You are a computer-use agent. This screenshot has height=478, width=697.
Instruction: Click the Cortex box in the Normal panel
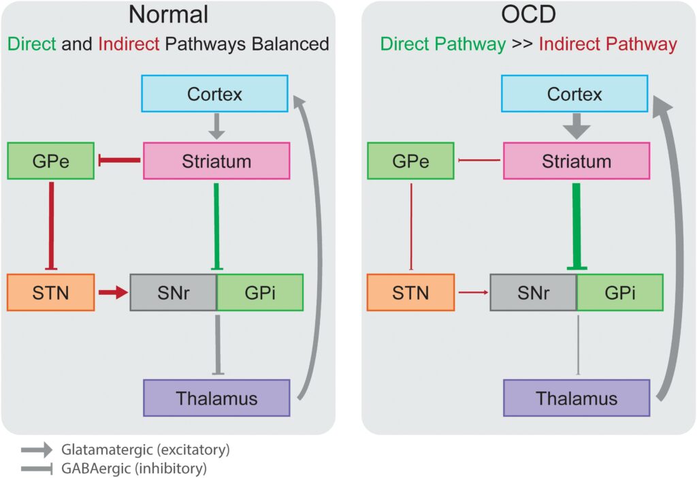click(x=214, y=94)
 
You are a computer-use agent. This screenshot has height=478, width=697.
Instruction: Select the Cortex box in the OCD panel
click(x=574, y=94)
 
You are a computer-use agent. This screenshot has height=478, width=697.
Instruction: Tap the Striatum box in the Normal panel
click(x=216, y=161)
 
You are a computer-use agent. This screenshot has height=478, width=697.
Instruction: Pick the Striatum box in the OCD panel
click(x=576, y=161)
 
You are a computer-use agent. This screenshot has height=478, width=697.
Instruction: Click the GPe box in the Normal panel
click(x=50, y=161)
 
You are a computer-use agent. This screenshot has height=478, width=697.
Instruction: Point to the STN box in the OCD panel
click(x=410, y=293)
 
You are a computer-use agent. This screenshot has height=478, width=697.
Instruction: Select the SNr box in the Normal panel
click(x=173, y=293)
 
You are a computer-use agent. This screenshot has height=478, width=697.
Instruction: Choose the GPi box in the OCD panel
click(x=619, y=293)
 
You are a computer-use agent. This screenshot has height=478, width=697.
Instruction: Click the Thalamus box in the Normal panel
click(x=216, y=398)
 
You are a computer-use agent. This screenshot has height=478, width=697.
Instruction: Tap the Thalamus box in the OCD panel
click(x=576, y=398)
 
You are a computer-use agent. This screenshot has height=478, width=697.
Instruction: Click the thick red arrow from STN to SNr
click(x=112, y=293)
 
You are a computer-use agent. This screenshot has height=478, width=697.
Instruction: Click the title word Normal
click(x=168, y=15)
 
